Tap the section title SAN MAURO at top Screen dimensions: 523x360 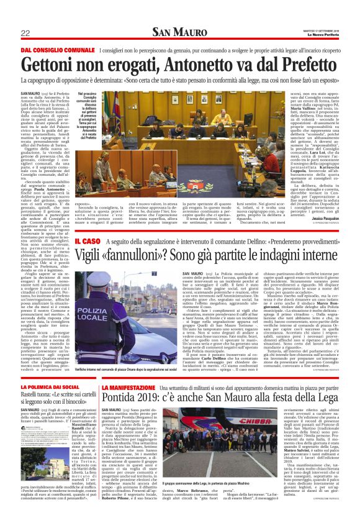pyautogui.click(x=179, y=32)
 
